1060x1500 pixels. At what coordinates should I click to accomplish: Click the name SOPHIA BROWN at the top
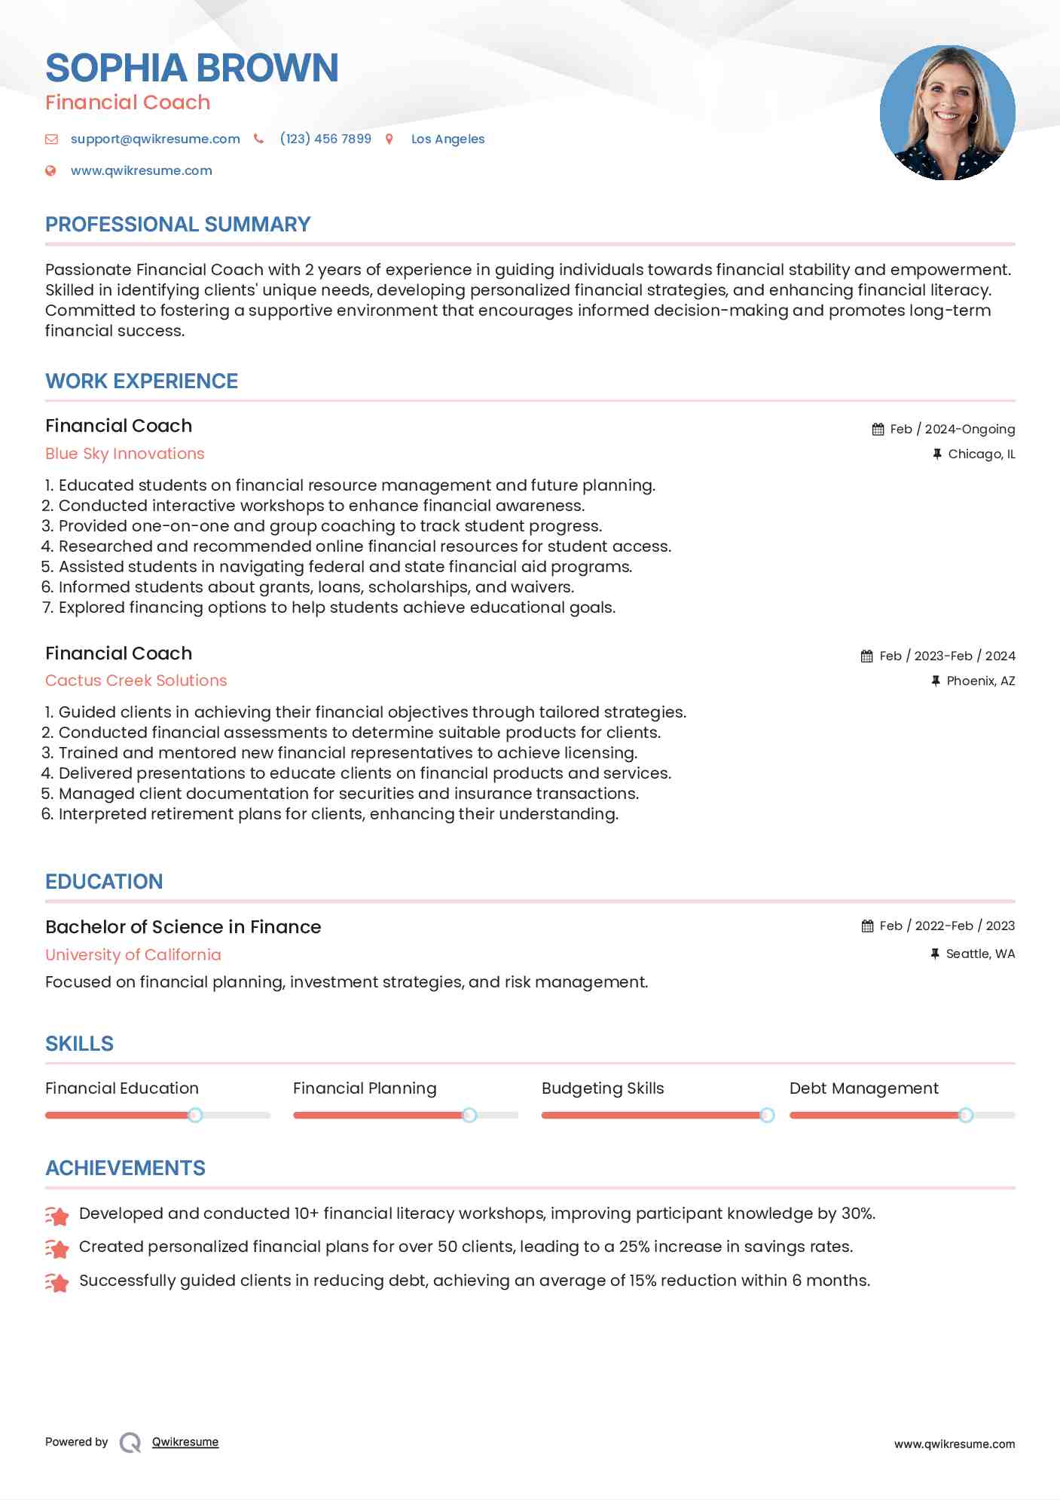[x=191, y=68]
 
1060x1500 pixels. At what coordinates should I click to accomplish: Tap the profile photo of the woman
[x=947, y=113]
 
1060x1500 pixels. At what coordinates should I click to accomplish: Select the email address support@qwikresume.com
[x=155, y=139]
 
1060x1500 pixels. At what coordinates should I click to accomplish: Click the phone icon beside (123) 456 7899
[x=258, y=139]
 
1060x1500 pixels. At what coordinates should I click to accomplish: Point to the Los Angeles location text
[x=448, y=139]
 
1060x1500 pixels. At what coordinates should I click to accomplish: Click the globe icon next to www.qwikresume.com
[x=50, y=170]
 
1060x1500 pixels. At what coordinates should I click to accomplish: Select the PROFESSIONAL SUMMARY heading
[x=178, y=224]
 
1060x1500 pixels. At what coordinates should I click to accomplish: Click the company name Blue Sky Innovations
[x=125, y=454]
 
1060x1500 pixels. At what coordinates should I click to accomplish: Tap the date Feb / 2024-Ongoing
[x=952, y=429]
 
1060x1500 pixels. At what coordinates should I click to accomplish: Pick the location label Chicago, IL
[x=981, y=454]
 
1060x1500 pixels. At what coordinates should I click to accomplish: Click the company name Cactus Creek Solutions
[x=136, y=681]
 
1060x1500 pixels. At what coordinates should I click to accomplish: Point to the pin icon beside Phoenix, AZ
[x=935, y=681]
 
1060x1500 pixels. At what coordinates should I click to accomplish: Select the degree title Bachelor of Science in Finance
[x=183, y=927]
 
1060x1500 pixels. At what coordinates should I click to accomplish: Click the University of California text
[x=133, y=955]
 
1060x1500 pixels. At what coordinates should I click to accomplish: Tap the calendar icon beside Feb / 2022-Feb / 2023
[x=867, y=926]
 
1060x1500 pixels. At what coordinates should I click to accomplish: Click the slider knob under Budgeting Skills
[x=767, y=1115]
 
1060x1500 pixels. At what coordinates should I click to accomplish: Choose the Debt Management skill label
[x=863, y=1088]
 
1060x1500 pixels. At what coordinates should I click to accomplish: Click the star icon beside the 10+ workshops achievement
[x=57, y=1214]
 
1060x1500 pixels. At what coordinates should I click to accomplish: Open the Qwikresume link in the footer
[x=185, y=1442]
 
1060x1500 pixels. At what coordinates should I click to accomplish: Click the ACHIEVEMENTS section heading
[x=125, y=1168]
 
